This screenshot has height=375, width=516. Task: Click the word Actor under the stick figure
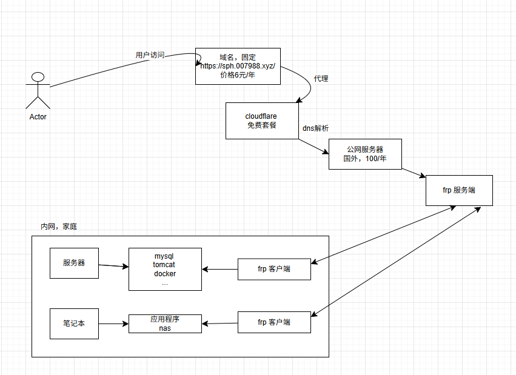pyautogui.click(x=38, y=117)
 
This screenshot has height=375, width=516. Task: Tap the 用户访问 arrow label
pyautogui.click(x=150, y=55)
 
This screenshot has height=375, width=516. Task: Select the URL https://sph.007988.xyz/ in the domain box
pyautogui.click(x=238, y=66)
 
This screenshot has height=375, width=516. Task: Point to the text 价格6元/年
pyautogui.click(x=238, y=75)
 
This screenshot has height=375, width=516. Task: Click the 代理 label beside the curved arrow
pyautogui.click(x=321, y=79)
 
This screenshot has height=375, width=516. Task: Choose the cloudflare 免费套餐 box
pyautogui.click(x=262, y=121)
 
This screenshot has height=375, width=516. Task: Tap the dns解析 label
pyautogui.click(x=315, y=128)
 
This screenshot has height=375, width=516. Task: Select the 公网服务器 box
pyautogui.click(x=365, y=154)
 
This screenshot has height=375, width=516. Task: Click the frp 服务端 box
pyautogui.click(x=459, y=190)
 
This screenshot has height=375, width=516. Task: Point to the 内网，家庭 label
pyautogui.click(x=59, y=227)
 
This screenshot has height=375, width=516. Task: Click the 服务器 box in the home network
pyautogui.click(x=74, y=263)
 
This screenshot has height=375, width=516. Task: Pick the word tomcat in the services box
pyautogui.click(x=164, y=265)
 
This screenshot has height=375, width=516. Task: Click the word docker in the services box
pyautogui.click(x=165, y=273)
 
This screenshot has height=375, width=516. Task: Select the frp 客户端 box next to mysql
pyautogui.click(x=274, y=269)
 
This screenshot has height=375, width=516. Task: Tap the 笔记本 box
pyautogui.click(x=74, y=324)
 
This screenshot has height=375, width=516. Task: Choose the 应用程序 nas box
pyautogui.click(x=165, y=324)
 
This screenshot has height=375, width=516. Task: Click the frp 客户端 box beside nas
pyautogui.click(x=274, y=322)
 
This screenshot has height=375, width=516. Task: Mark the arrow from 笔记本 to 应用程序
pyautogui.click(x=113, y=324)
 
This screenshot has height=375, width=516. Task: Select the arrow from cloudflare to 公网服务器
pyautogui.click(x=313, y=146)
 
